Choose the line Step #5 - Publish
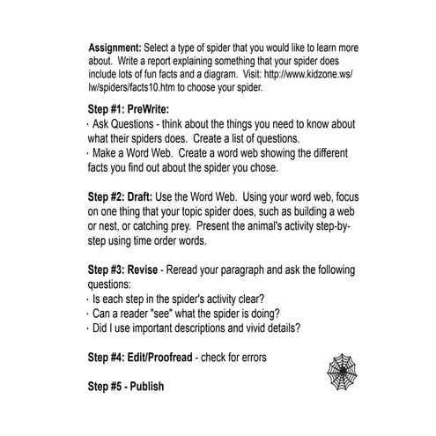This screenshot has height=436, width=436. [126, 386]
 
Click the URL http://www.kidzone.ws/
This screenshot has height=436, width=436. [299, 76]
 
